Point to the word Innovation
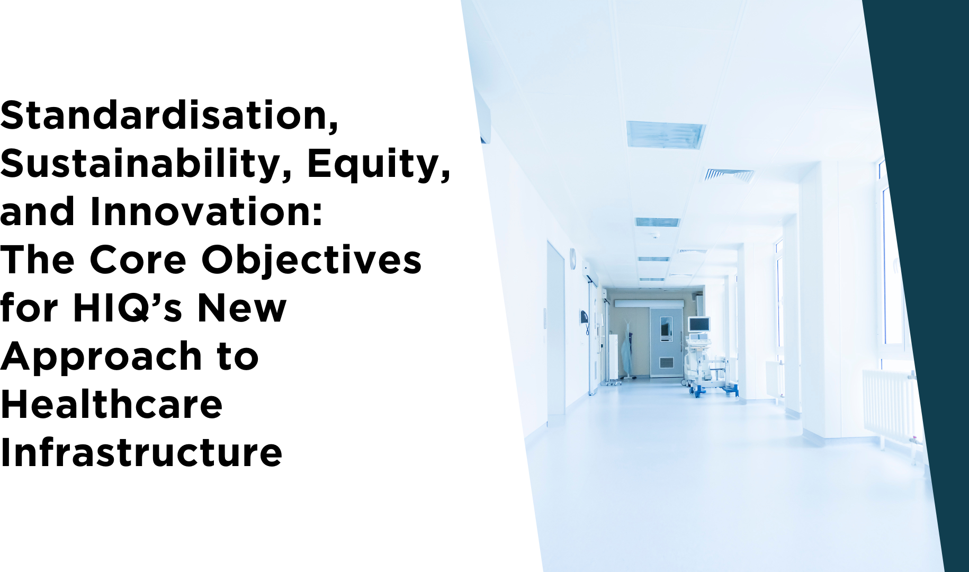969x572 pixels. pyautogui.click(x=207, y=212)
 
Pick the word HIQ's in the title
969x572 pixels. pyautogui.click(x=127, y=308)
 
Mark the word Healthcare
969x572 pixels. pyautogui.click(x=111, y=405)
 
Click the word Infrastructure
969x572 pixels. pyautogui.click(x=141, y=453)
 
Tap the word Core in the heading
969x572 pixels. pyautogui.click(x=138, y=261)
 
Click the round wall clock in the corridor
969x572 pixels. pyautogui.click(x=572, y=258)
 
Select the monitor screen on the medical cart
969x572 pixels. pyautogui.click(x=699, y=324)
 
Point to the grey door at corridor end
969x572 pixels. pyautogui.click(x=666, y=342)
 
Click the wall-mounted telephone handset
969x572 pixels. pyautogui.click(x=584, y=317)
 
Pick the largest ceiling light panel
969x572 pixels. pyautogui.click(x=666, y=135)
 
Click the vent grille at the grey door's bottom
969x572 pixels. pyautogui.click(x=666, y=363)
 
